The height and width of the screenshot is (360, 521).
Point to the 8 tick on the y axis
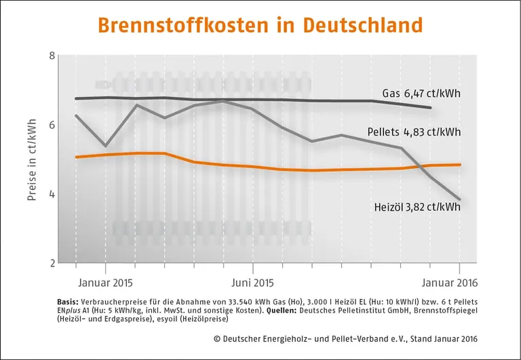[x=52, y=56]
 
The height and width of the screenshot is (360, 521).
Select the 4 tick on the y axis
[x=52, y=195]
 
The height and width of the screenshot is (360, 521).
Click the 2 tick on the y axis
[x=52, y=263]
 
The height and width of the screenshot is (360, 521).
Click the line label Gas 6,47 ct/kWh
[x=421, y=93]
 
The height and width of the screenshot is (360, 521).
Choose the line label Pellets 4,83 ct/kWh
[x=414, y=132]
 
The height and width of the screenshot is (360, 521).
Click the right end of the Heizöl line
[x=461, y=199]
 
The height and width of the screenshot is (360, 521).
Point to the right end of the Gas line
[x=431, y=108]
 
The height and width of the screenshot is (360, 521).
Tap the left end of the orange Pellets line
[x=76, y=157]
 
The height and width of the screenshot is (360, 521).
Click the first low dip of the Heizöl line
[x=105, y=146]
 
